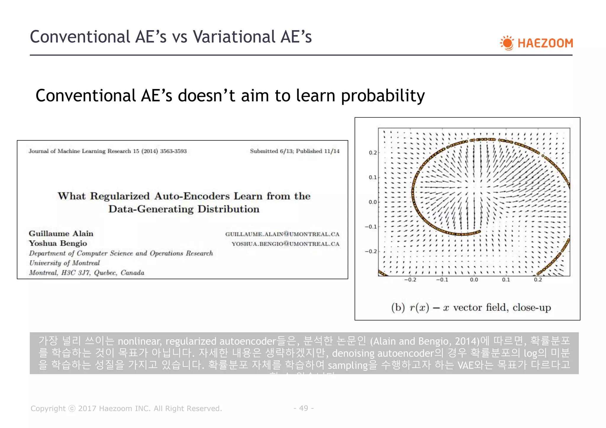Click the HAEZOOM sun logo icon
point(507,43)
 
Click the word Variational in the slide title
point(233,37)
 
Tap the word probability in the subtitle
point(383,96)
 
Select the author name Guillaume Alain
point(61,234)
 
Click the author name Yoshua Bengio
point(58,243)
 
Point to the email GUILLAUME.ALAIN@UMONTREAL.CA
point(282,234)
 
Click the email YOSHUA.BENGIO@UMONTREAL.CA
point(285,244)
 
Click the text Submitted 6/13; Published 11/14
point(294,151)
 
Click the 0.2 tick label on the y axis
point(373,153)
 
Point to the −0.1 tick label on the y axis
point(371,227)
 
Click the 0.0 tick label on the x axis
point(474,280)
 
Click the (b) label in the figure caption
point(398,307)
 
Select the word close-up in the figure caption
point(532,307)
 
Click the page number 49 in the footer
point(304,408)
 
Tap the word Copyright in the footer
point(48,408)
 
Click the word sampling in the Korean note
point(348,365)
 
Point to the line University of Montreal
point(65,263)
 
